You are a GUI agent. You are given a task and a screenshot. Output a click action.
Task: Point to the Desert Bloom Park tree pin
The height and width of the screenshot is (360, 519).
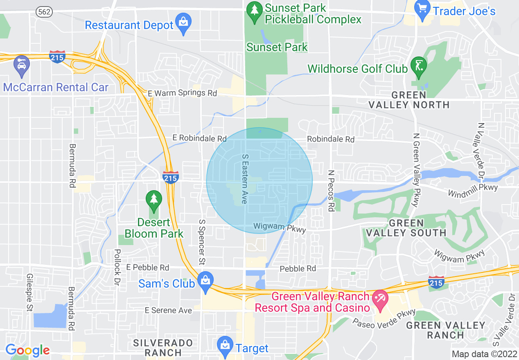(154, 200)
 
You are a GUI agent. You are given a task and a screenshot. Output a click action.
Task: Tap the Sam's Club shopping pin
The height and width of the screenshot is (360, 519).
(205, 281)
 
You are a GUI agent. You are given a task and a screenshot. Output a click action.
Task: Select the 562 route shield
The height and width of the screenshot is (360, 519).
(44, 11)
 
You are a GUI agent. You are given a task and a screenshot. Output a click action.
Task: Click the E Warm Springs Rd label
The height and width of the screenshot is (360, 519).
(183, 93)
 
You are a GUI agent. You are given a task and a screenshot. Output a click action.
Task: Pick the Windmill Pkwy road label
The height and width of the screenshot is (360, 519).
(473, 190)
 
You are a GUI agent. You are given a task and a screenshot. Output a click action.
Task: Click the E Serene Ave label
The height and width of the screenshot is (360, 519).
(168, 310)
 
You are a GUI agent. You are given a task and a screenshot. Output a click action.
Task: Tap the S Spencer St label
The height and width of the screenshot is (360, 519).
(201, 241)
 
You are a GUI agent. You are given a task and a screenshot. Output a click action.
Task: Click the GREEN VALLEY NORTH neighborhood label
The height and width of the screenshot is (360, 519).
(409, 100)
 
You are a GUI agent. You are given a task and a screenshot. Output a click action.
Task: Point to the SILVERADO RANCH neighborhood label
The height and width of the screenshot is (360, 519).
(163, 347)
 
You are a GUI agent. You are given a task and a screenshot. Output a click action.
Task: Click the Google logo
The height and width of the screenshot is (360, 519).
(27, 350)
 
